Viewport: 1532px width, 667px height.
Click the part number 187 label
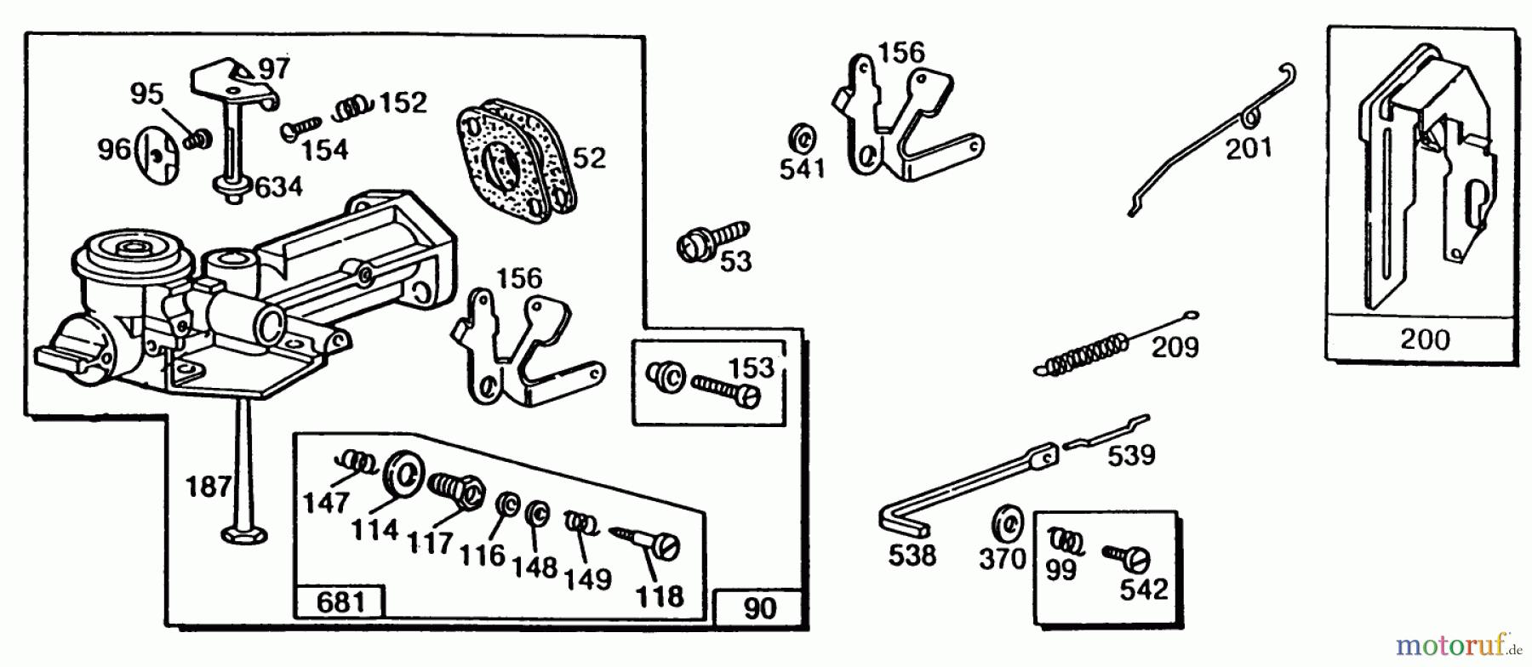[x=209, y=487]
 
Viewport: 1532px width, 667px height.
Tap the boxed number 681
[x=340, y=602]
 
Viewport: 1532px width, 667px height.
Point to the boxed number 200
[x=1424, y=339]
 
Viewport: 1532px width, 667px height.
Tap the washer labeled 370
[x=1009, y=522]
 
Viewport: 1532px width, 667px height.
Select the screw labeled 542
[x=1128, y=556]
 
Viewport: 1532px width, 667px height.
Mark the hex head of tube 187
[x=244, y=534]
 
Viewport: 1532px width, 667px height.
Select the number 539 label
[x=1131, y=455]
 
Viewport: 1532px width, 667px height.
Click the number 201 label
[x=1249, y=148]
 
